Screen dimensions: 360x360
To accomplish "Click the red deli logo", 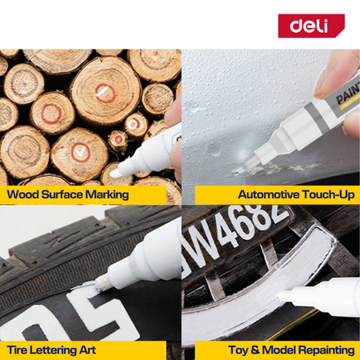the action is tap(311, 26).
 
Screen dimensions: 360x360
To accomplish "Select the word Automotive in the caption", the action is tap(269, 194).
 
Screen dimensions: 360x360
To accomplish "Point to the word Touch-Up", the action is tap(328, 194).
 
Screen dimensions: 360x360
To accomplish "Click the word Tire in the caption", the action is tap(16, 350).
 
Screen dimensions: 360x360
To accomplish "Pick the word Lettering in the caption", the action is tap(51, 350).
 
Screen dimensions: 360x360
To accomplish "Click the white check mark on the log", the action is tap(80, 152).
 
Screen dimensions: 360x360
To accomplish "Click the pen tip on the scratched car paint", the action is tap(250, 162).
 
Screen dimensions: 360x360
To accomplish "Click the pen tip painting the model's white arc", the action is tap(286, 295).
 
